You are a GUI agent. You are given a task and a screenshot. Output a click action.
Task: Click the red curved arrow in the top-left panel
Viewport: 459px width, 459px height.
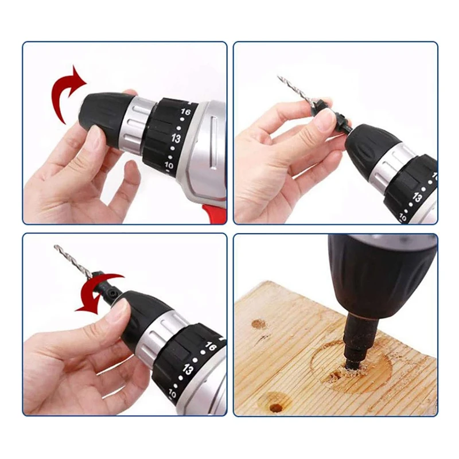pyautogui.click(x=64, y=92)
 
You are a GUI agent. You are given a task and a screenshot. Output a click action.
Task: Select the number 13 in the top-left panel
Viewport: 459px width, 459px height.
pyautogui.click(x=176, y=138)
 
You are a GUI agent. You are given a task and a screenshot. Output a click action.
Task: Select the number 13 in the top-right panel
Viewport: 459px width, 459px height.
pyautogui.click(x=418, y=198)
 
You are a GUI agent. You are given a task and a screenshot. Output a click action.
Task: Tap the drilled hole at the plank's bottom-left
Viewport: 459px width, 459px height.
pyautogui.click(x=276, y=407)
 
